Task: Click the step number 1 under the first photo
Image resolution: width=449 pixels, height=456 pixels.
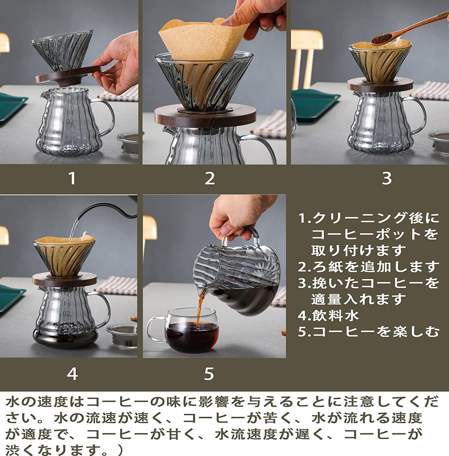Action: [x=72, y=178]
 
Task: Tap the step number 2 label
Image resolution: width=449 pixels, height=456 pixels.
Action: [x=210, y=178]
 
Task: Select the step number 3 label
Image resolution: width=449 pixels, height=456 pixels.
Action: [x=386, y=178]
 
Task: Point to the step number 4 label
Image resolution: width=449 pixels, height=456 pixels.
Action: [x=72, y=374]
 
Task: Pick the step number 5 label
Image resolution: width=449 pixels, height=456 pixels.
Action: [x=209, y=374]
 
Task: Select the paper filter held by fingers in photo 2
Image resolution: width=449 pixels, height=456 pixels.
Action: [x=201, y=40]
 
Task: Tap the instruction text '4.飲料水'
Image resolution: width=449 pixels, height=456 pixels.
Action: [x=328, y=315]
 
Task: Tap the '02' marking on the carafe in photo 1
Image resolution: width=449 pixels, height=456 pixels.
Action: [x=70, y=122]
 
